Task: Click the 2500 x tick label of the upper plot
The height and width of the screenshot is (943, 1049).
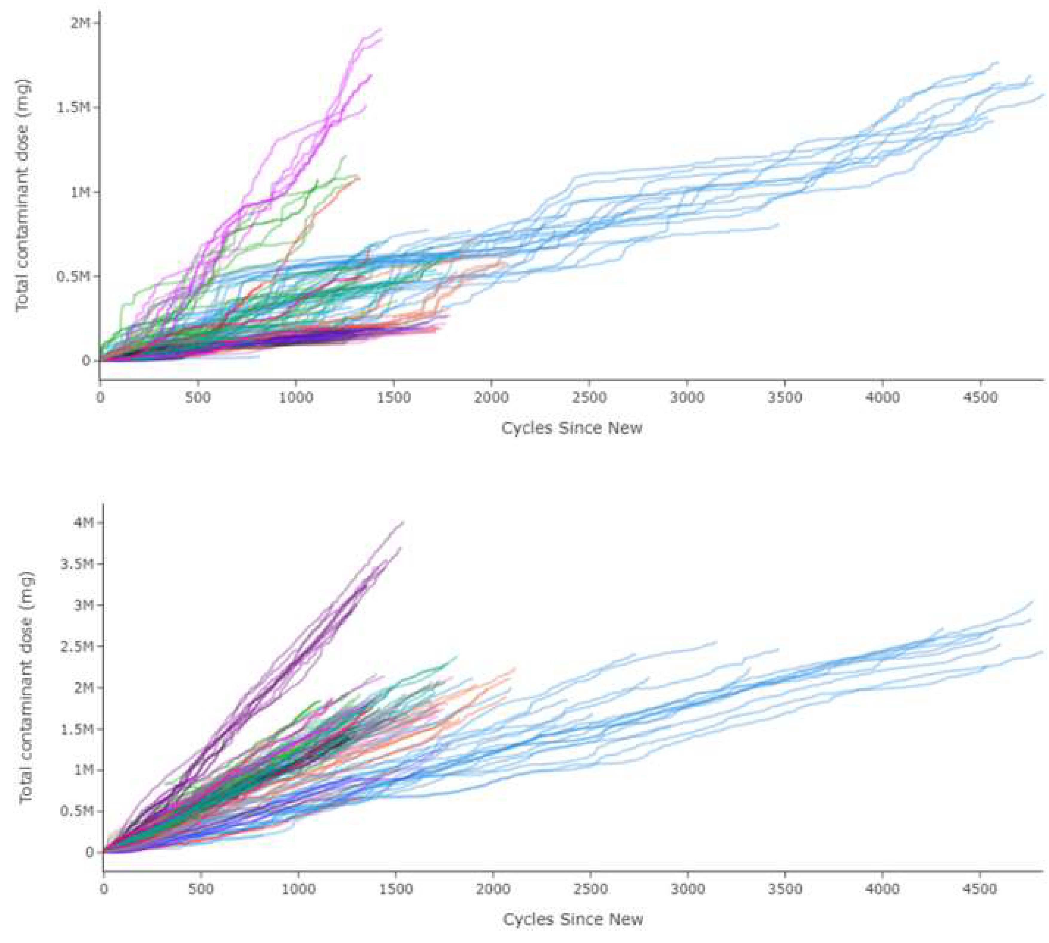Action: tap(589, 398)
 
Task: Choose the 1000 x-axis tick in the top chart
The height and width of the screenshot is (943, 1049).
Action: tap(296, 398)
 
